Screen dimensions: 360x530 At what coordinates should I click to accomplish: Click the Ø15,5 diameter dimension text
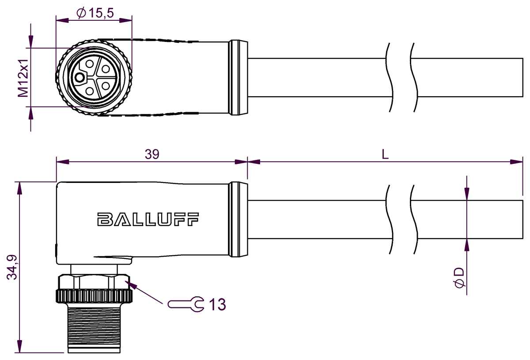click(x=95, y=14)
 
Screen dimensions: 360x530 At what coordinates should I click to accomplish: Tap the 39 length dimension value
click(x=152, y=154)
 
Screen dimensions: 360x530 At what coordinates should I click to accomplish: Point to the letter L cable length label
click(x=385, y=154)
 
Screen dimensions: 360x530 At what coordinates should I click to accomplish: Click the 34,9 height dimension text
click(x=12, y=267)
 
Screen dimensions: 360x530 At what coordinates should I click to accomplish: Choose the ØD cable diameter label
click(x=459, y=277)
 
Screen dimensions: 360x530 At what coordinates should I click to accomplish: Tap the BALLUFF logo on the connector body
click(x=148, y=219)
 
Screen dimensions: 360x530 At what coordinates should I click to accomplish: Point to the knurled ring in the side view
click(x=94, y=296)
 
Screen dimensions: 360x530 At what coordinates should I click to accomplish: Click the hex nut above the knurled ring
click(x=94, y=281)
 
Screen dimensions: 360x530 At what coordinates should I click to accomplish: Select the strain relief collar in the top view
click(x=238, y=78)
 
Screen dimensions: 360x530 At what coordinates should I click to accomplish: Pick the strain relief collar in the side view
click(x=238, y=219)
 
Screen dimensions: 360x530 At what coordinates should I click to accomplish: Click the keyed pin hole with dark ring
click(x=79, y=78)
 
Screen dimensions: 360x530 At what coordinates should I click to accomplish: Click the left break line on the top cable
click(x=389, y=78)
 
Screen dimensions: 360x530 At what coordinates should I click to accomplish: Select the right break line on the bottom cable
click(x=413, y=219)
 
